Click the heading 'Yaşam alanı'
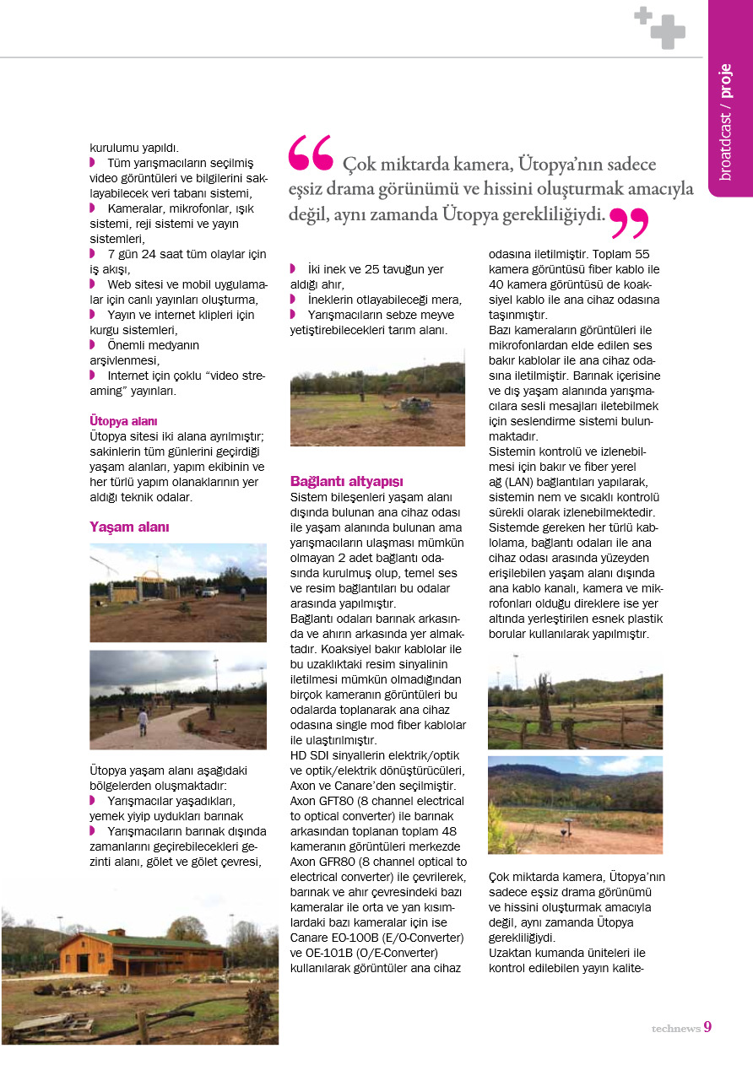point(130,527)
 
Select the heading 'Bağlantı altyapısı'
point(347,480)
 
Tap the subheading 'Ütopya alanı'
point(123,420)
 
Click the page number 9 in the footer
point(707,1027)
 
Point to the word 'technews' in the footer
point(675,1029)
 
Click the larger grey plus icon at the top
point(669,33)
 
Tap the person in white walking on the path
point(143,721)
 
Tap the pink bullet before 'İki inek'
point(293,269)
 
